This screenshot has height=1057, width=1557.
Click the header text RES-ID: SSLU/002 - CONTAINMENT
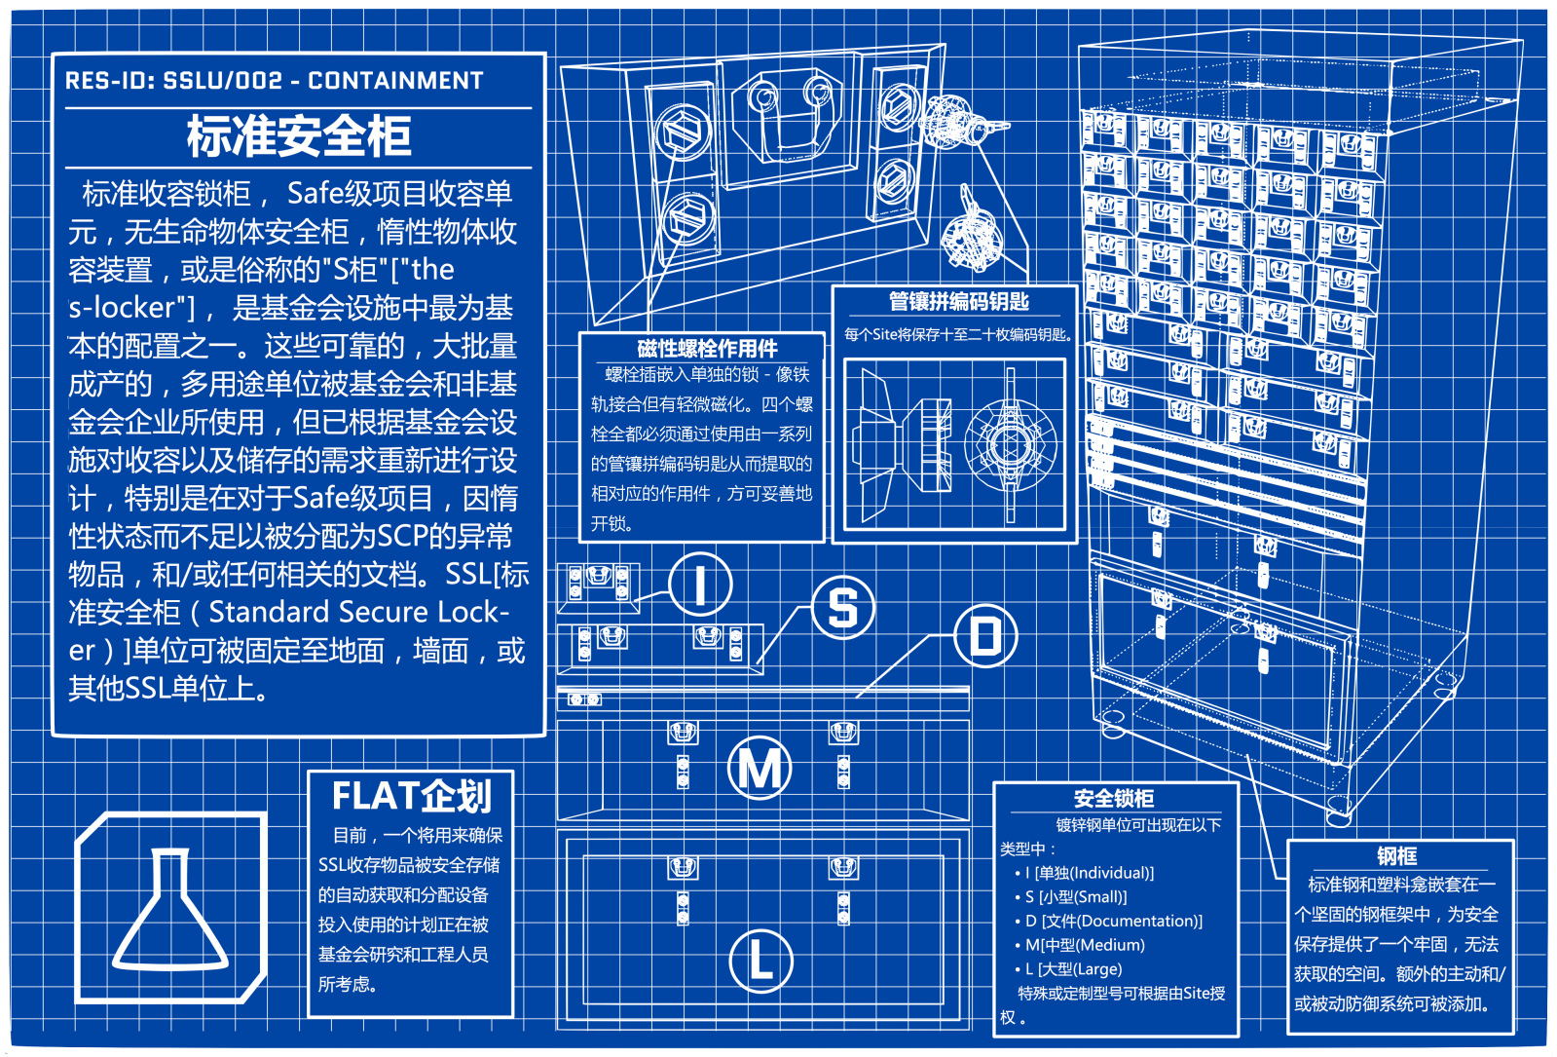point(274,81)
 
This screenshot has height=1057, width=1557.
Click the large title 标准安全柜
point(299,136)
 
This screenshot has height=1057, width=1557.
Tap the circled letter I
point(699,585)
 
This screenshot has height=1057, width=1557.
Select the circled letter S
point(843,607)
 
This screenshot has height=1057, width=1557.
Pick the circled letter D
point(985,636)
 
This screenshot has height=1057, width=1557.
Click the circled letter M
point(760,769)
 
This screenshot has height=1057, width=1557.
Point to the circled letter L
point(760,961)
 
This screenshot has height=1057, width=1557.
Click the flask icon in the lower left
point(171,909)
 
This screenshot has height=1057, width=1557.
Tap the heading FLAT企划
point(411,797)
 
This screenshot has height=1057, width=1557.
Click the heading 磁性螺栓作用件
point(707,349)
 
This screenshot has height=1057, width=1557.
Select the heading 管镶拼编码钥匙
point(958,302)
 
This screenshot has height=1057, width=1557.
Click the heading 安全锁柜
point(1114,799)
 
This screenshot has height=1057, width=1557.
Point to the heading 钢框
point(1396,856)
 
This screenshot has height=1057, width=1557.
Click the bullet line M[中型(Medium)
point(1084,945)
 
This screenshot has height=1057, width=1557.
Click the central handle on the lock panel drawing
point(790,121)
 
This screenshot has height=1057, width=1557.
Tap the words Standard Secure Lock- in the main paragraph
point(358,612)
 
